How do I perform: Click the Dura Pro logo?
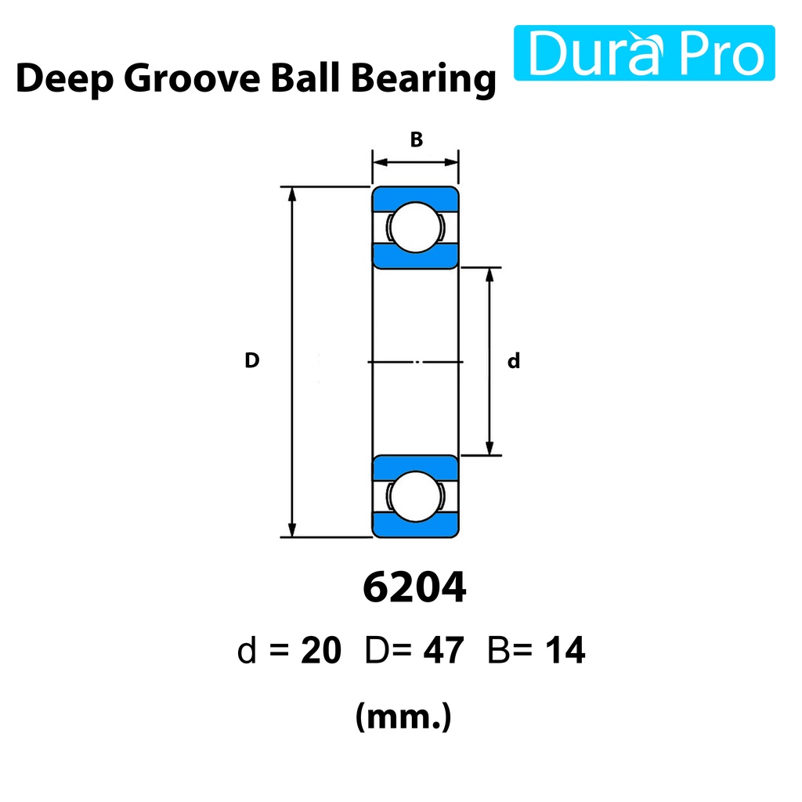pyautogui.click(x=644, y=52)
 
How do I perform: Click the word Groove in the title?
pyautogui.click(x=192, y=79)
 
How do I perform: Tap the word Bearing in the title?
pyautogui.click(x=424, y=79)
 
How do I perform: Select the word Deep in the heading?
pyautogui.click(x=64, y=79)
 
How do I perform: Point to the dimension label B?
pyautogui.click(x=417, y=139)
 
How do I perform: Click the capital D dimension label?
pyautogui.click(x=251, y=360)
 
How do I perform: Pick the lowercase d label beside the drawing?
pyautogui.click(x=514, y=361)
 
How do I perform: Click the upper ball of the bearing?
pyautogui.click(x=415, y=227)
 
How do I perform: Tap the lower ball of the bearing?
pyautogui.click(x=415, y=496)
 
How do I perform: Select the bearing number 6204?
pyautogui.click(x=414, y=587)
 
